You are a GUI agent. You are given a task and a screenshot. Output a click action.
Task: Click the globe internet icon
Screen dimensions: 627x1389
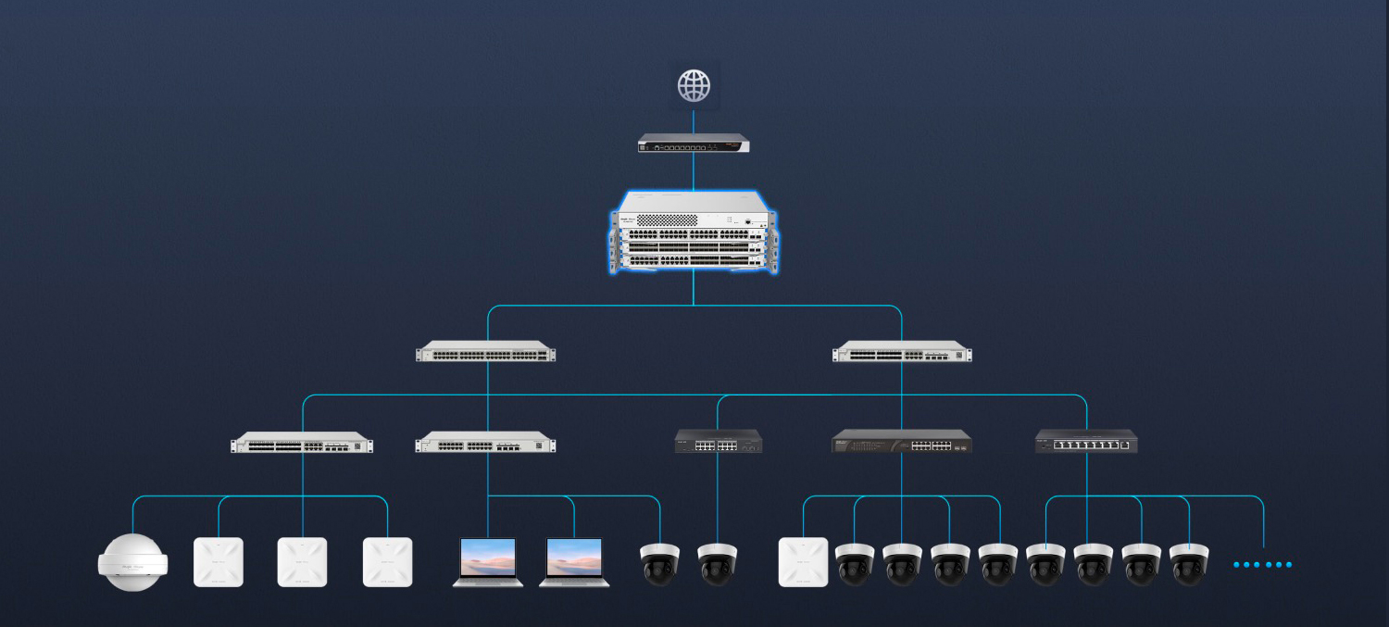coord(694,86)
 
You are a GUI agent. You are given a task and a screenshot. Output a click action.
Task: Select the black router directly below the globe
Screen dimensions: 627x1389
coord(694,144)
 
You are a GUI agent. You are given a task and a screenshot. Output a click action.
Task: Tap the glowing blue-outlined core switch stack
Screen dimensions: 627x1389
coord(694,234)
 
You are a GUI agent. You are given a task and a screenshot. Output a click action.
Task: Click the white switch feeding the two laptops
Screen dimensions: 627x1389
coord(486,445)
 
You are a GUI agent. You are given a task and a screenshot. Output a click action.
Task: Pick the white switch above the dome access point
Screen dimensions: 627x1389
coord(302,443)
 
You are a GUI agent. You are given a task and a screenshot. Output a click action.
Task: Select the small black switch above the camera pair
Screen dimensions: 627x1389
coord(718,441)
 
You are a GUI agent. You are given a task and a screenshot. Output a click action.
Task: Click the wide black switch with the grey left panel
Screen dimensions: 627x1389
coord(902,442)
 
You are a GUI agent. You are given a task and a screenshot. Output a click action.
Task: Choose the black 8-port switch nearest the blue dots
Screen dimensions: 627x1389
coord(1086,442)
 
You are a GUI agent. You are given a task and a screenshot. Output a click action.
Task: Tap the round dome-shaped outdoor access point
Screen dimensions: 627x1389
coord(133,561)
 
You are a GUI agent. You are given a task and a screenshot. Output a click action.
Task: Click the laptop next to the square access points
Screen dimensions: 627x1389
coord(488,561)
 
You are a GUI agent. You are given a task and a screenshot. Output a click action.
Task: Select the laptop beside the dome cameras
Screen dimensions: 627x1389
coord(574,561)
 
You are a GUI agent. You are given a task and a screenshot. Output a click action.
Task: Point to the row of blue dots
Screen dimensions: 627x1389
coord(1262,564)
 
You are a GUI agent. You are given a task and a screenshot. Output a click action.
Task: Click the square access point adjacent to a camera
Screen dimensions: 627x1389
coord(803,561)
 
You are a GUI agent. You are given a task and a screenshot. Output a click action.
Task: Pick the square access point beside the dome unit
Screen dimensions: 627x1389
coord(218,561)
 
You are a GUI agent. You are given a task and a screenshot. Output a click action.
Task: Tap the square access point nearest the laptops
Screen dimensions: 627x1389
coord(387,561)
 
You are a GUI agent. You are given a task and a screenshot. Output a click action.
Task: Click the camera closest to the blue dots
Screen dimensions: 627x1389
coord(1189,563)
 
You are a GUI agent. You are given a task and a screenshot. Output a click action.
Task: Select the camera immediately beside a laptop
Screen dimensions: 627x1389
coord(659,563)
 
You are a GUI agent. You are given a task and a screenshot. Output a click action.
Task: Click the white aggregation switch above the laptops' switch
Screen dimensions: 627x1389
coord(486,353)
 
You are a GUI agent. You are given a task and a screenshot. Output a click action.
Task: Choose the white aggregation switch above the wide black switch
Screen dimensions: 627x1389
coord(902,353)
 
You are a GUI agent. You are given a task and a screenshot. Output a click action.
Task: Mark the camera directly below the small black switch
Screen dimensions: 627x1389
coord(718,563)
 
